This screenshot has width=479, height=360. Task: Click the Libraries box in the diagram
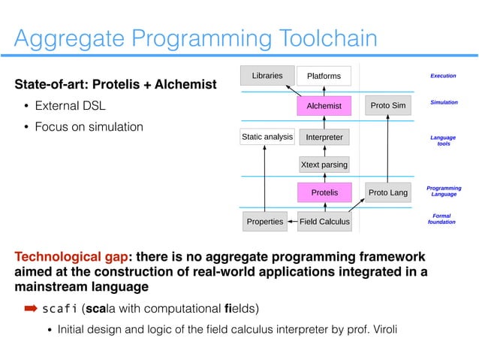point(267,75)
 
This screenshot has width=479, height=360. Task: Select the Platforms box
point(324,76)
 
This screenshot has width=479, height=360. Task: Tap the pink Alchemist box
point(324,106)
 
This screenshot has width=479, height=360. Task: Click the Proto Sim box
point(388,106)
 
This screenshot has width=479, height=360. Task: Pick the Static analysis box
point(266,138)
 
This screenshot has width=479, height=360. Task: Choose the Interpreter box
point(324,138)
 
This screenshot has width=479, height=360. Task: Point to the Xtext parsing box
point(324,165)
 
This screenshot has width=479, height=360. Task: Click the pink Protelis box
point(324,193)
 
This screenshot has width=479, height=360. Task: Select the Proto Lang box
point(388,193)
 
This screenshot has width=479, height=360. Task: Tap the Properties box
point(266,222)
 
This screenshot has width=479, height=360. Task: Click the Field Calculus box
point(324,222)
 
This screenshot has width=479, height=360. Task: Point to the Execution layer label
point(443,76)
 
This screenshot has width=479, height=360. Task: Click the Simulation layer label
point(443,101)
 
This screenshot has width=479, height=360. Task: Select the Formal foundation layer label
point(443,219)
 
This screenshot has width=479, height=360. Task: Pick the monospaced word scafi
point(59,309)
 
